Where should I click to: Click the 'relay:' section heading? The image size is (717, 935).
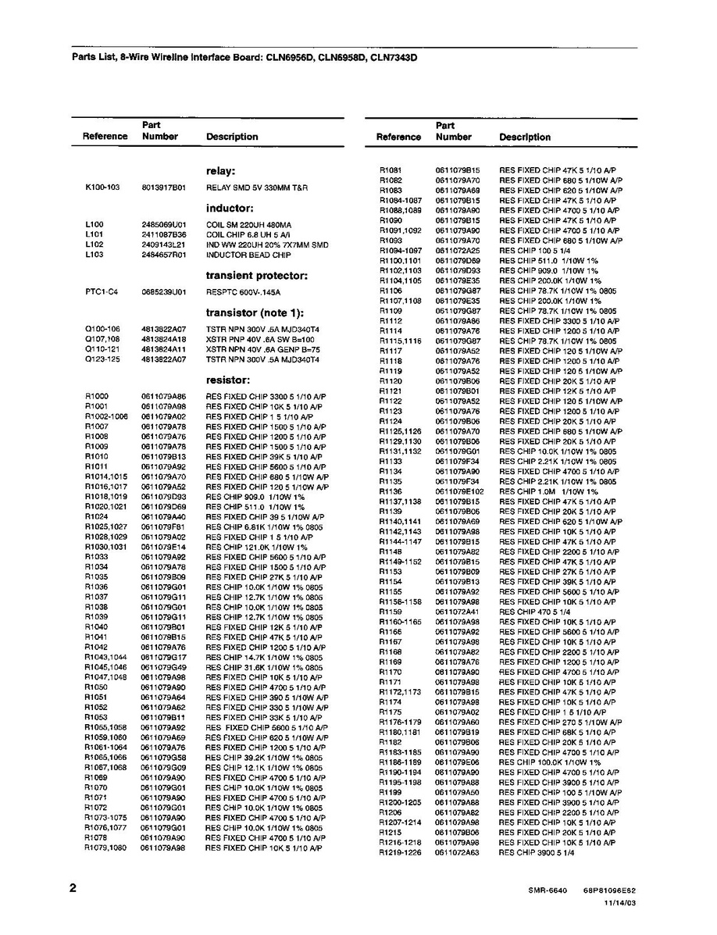tap(221, 171)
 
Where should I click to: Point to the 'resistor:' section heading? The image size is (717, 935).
tap(227, 380)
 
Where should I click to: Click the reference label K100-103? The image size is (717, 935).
tap(102, 188)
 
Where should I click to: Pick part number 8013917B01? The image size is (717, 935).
tap(163, 188)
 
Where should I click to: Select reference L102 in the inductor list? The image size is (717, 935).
tap(94, 244)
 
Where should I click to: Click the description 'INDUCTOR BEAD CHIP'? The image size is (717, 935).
tap(248, 255)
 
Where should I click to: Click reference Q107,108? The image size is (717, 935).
tap(102, 340)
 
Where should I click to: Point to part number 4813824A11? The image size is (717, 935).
tap(163, 350)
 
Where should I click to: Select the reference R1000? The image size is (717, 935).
tap(96, 397)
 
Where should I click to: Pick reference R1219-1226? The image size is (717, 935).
tap(399, 853)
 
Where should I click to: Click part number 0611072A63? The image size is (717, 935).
tap(458, 853)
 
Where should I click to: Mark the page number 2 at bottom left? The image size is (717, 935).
tap(73, 888)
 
